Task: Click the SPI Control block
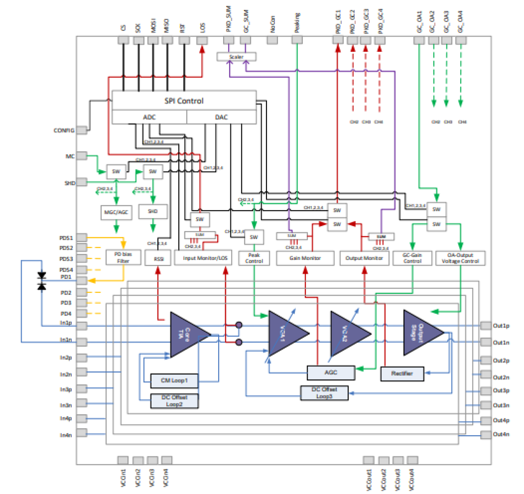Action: coord(184,101)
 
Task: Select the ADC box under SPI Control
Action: coord(149,117)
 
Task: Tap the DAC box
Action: coord(222,117)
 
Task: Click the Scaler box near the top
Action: coord(236,57)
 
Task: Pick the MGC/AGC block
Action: coord(116,212)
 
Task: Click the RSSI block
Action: coord(158,259)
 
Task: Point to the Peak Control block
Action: coord(254,258)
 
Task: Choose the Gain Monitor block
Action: coord(305,258)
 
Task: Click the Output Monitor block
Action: coord(364,258)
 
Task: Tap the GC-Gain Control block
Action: coord(412,258)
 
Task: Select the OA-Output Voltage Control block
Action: coord(460,258)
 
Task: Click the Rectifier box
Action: coord(402,374)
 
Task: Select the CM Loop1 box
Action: coord(174,381)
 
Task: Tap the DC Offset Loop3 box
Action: coord(324,393)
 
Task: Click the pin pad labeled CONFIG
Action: coord(82,130)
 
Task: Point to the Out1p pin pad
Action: coord(486,325)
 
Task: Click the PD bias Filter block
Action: coord(123,257)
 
